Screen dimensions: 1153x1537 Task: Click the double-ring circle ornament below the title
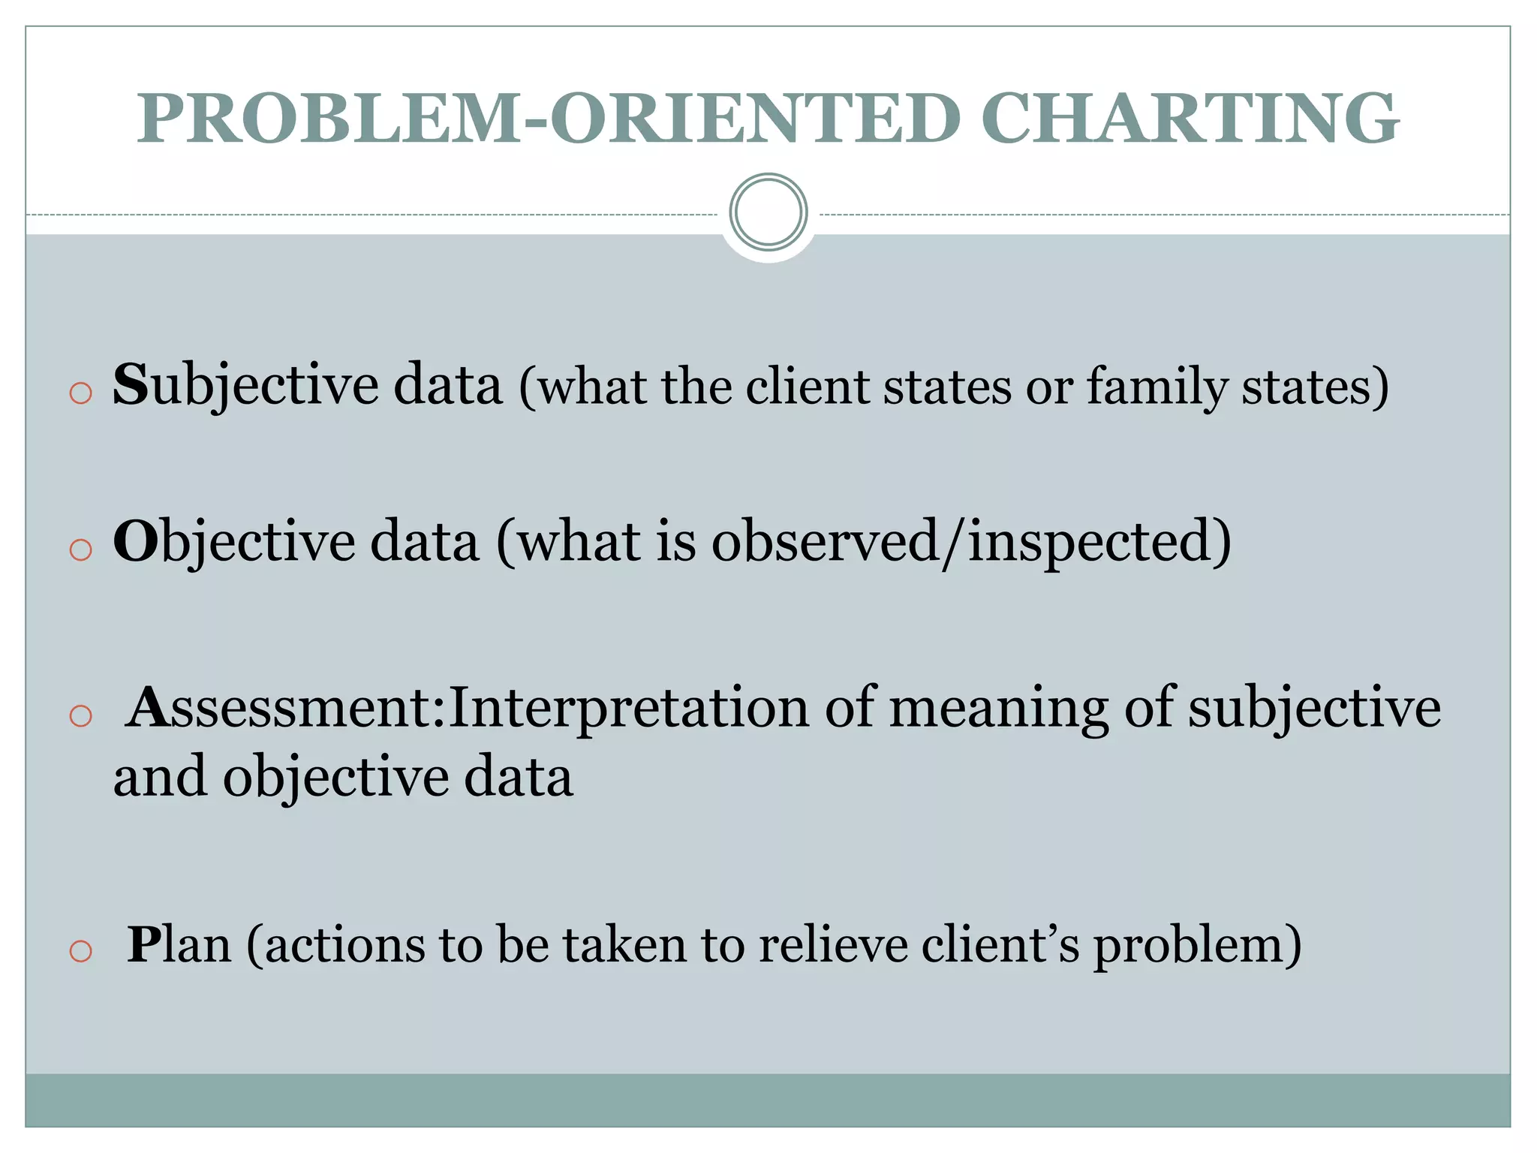tap(768, 212)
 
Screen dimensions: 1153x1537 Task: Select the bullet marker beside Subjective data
tap(80, 393)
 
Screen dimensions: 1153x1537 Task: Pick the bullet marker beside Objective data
tap(80, 550)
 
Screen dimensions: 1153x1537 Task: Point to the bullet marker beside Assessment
tap(80, 716)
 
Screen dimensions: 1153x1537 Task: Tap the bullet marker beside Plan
tap(80, 952)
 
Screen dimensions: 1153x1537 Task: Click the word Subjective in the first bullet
tap(245, 386)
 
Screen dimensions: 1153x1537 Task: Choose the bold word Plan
tap(179, 944)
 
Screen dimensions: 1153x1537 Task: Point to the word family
tap(1157, 387)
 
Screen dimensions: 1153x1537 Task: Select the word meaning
tap(999, 709)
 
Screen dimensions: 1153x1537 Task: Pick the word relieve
tap(833, 944)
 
